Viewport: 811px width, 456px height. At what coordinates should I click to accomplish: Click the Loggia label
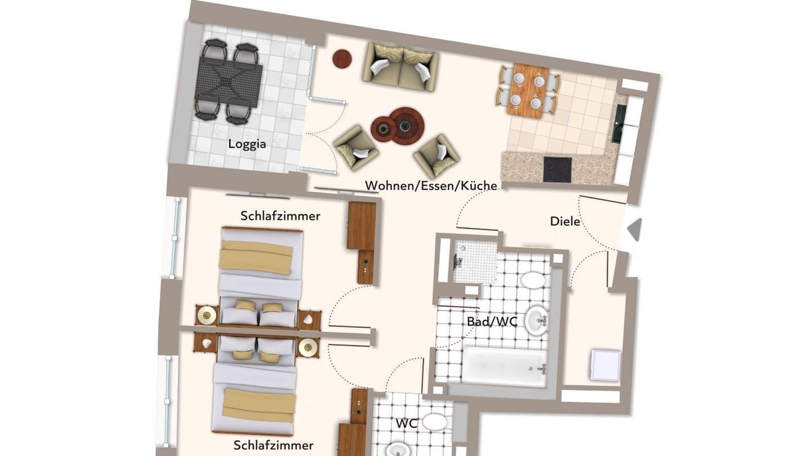tap(247, 144)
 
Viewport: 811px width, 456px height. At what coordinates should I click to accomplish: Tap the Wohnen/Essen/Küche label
tap(431, 186)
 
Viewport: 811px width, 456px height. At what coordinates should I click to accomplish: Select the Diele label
tap(565, 221)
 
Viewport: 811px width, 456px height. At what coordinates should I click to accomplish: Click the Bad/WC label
tap(492, 321)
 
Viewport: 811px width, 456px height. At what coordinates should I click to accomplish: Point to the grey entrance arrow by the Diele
tap(635, 229)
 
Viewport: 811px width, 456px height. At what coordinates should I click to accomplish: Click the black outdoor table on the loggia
tap(229, 83)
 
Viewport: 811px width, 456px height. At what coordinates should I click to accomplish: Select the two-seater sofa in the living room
tap(400, 67)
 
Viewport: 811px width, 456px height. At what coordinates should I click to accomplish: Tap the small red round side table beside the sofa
tap(342, 59)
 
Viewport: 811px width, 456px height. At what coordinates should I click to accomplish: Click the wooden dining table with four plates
tap(528, 91)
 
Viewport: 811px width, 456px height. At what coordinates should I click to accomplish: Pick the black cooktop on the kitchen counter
tap(557, 170)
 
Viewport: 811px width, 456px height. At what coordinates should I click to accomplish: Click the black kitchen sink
tap(618, 123)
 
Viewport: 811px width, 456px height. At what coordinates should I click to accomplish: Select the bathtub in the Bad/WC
tap(504, 366)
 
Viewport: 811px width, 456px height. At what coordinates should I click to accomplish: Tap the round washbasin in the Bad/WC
tap(536, 320)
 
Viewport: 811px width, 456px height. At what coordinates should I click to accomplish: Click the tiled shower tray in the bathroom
tap(475, 260)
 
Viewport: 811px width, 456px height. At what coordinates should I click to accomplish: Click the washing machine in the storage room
tap(605, 365)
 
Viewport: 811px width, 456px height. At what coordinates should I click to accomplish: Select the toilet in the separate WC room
tap(435, 422)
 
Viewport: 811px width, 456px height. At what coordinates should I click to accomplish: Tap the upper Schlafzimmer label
tap(280, 216)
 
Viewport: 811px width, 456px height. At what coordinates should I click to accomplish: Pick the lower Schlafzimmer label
tap(273, 445)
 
